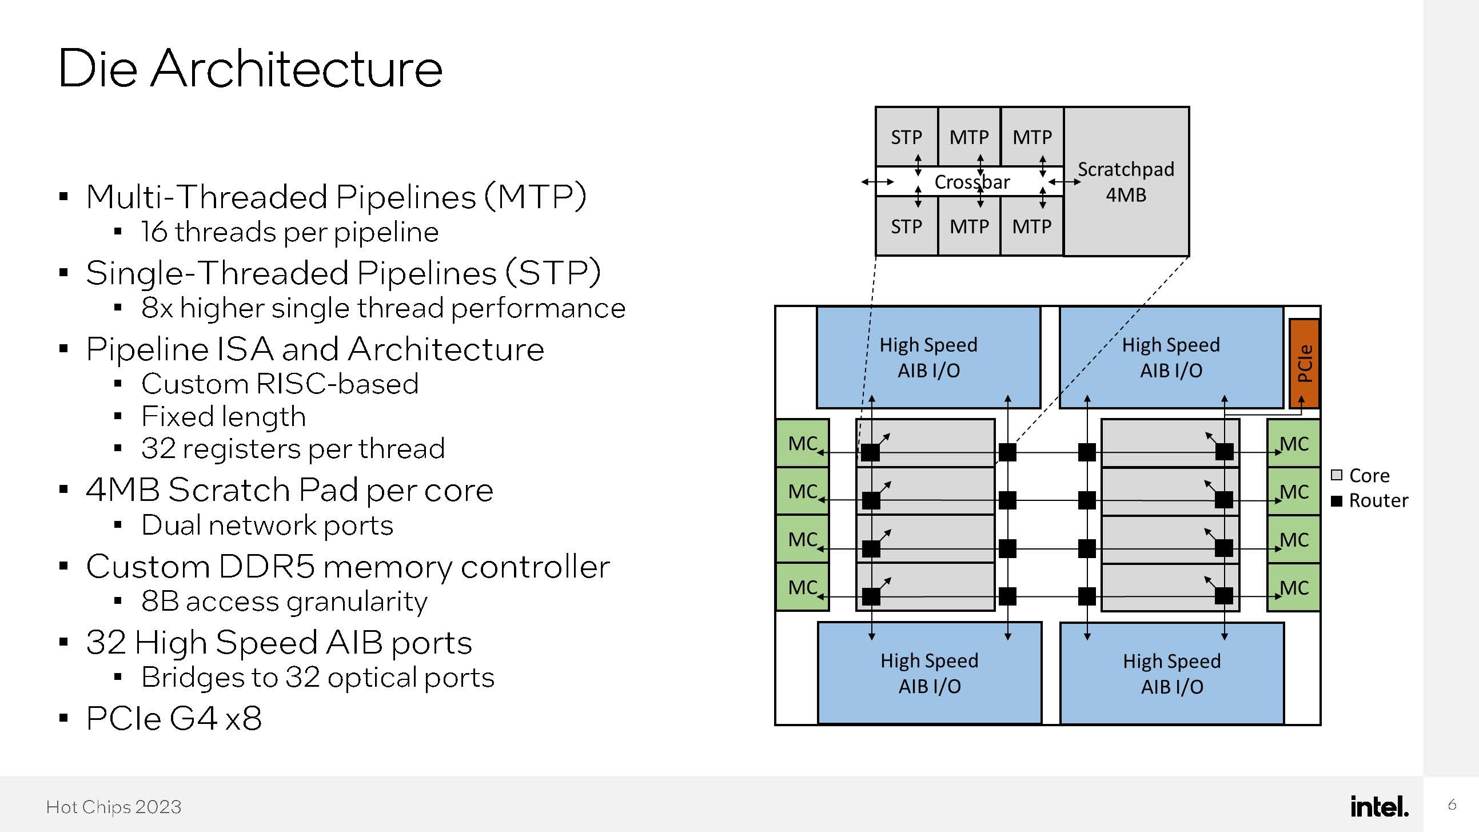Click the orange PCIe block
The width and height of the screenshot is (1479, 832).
coord(1304,364)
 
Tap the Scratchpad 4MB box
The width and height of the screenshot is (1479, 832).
coord(1126,181)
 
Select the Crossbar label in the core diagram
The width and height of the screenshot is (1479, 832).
coord(971,182)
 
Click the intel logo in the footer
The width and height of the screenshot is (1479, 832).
coord(1379,806)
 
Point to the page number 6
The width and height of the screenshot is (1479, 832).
coord(1452,805)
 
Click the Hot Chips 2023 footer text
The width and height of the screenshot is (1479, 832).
coord(114,807)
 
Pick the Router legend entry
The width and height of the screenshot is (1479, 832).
coord(1370,501)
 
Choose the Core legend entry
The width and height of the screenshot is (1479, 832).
coord(1361,475)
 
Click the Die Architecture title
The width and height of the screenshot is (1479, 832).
coord(250,68)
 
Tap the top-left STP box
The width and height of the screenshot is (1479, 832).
coord(906,137)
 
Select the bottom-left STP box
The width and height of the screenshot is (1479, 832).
coord(906,227)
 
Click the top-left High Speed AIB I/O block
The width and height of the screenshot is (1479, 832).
coord(928,357)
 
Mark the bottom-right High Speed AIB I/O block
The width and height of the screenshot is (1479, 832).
coord(1172,674)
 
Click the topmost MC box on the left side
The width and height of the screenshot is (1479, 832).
coord(802,443)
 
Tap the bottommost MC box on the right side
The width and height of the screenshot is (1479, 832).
coord(1294,587)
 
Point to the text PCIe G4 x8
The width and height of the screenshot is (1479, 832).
coord(174,718)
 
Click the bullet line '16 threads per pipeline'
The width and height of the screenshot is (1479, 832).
coord(290,232)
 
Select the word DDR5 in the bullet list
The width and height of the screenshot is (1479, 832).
coord(266,567)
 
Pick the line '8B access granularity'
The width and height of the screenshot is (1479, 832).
coord(284,601)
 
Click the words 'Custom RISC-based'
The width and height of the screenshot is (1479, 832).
coord(280,384)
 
